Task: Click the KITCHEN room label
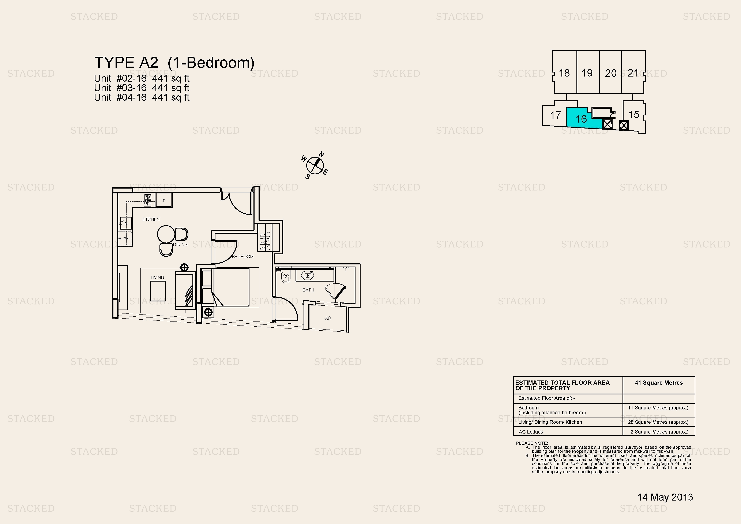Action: (x=150, y=219)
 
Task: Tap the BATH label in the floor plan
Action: (x=308, y=290)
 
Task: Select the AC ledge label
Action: (x=328, y=318)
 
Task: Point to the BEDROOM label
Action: (x=243, y=257)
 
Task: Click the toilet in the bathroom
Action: (x=286, y=276)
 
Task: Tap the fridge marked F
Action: (x=164, y=201)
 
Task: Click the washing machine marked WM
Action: (x=125, y=238)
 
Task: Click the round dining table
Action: (x=166, y=234)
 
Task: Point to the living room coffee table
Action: (x=158, y=291)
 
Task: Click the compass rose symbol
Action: (x=315, y=165)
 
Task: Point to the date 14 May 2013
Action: (x=665, y=497)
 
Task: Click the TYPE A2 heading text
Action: (x=126, y=62)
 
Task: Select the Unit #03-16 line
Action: (x=142, y=88)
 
